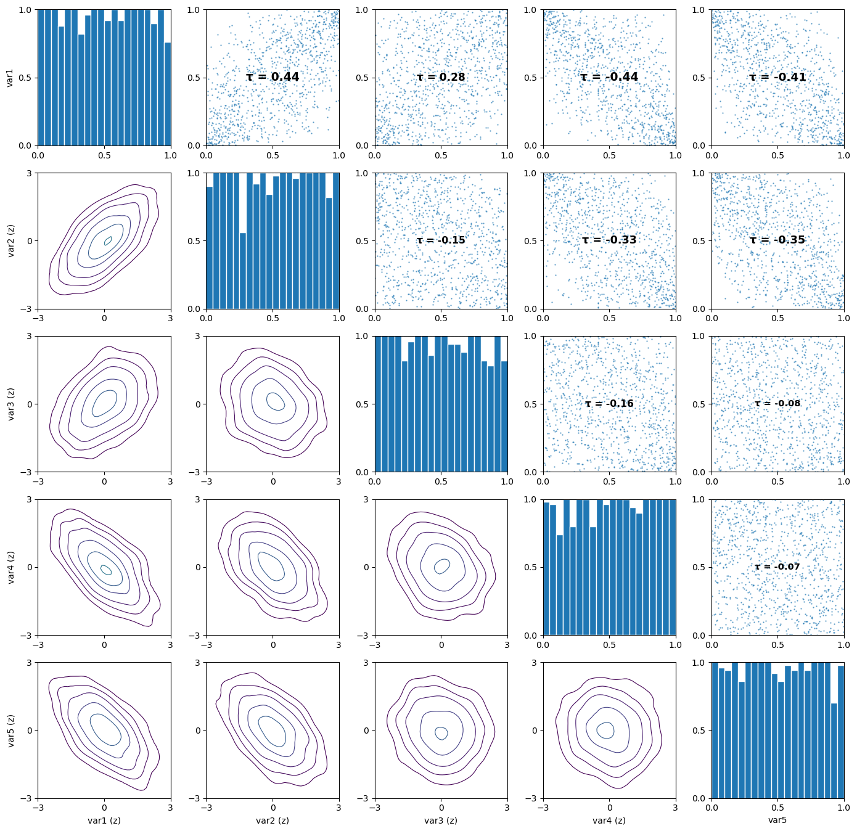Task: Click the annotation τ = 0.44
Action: [x=273, y=77]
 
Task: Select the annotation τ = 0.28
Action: [x=441, y=77]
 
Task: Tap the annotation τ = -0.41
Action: [x=777, y=77]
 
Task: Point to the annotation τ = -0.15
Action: [x=441, y=240]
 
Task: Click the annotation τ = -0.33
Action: [x=609, y=240]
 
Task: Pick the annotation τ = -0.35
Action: [x=777, y=240]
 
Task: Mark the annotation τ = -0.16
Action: [x=609, y=404]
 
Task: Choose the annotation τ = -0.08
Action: [x=777, y=404]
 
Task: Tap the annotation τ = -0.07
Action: [x=777, y=567]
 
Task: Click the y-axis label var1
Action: [x=10, y=78]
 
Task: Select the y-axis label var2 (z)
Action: [x=10, y=240]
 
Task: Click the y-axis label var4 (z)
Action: [x=10, y=567]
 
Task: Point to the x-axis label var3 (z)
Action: [x=441, y=821]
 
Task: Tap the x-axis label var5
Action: [x=777, y=821]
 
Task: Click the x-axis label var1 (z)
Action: [x=104, y=821]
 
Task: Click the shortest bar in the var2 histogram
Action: [x=243, y=271]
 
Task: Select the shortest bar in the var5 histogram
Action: [x=834, y=751]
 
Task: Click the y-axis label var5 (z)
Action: [x=10, y=731]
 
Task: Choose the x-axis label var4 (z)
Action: [x=609, y=821]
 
